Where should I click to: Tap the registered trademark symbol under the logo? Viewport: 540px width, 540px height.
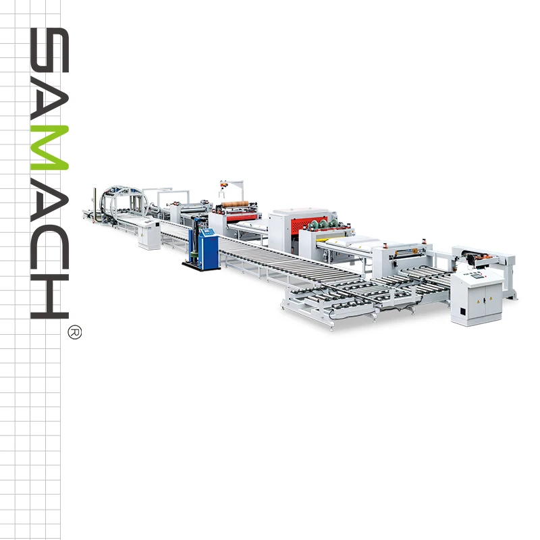pos(75,332)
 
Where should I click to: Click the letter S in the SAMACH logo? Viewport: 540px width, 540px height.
pos(49,50)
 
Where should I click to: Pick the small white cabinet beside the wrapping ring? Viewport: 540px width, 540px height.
pos(149,234)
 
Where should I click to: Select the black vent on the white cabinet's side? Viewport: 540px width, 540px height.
pos(462,313)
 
